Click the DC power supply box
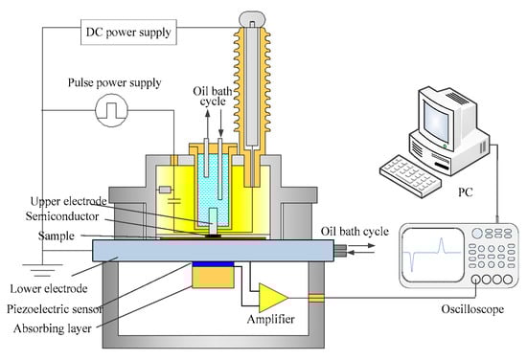(128, 33)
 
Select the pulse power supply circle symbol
(111, 110)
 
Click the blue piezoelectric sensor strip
(213, 264)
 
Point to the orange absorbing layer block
(213, 278)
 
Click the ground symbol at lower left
(42, 270)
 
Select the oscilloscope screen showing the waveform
(433, 255)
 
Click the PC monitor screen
(436, 122)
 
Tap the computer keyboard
(410, 175)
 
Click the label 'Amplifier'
(271, 319)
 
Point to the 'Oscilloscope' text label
(472, 309)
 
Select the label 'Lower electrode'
(49, 288)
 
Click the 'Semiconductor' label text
(62, 216)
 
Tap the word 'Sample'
(57, 236)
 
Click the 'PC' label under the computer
(466, 192)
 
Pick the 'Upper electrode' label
(69, 201)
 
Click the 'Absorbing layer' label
(53, 328)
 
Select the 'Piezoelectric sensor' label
(55, 309)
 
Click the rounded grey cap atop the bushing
(252, 19)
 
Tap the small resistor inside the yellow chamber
(165, 191)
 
